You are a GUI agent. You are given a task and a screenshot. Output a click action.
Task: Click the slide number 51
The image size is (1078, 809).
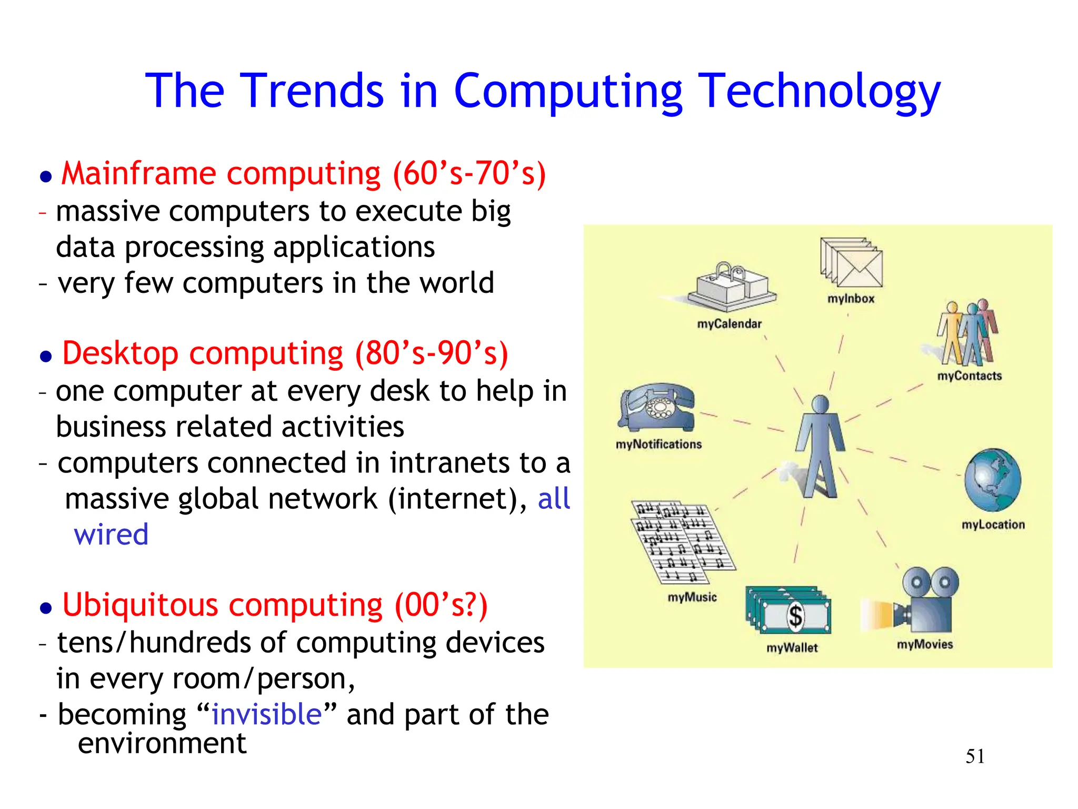click(x=975, y=756)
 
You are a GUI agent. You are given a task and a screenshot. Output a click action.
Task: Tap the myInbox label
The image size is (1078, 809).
click(x=851, y=299)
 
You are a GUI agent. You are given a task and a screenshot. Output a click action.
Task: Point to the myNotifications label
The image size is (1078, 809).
click(x=658, y=445)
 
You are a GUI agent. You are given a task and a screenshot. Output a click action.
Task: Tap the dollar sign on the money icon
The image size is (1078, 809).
click(x=795, y=615)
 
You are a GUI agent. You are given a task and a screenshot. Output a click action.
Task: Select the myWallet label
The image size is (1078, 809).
click(x=792, y=648)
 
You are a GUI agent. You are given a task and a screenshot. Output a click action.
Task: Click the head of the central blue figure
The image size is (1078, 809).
click(x=821, y=404)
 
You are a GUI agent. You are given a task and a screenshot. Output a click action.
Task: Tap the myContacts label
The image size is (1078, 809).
click(x=969, y=376)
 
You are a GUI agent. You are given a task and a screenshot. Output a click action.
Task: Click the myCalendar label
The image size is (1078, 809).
click(x=729, y=324)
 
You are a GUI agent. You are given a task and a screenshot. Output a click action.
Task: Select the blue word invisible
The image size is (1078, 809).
click(x=266, y=715)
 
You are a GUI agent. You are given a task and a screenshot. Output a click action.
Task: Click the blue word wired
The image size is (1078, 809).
click(x=111, y=535)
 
